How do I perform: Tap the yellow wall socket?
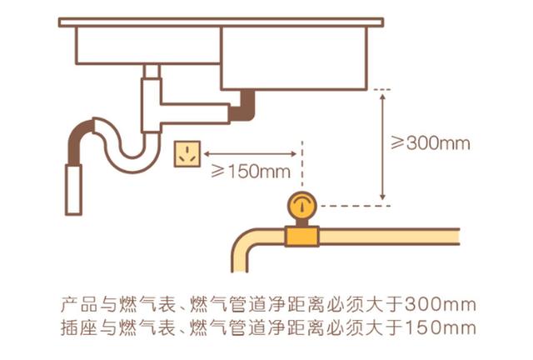tap(187, 153)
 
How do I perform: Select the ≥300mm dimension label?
tap(431, 142)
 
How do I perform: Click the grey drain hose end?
tap(74, 191)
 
